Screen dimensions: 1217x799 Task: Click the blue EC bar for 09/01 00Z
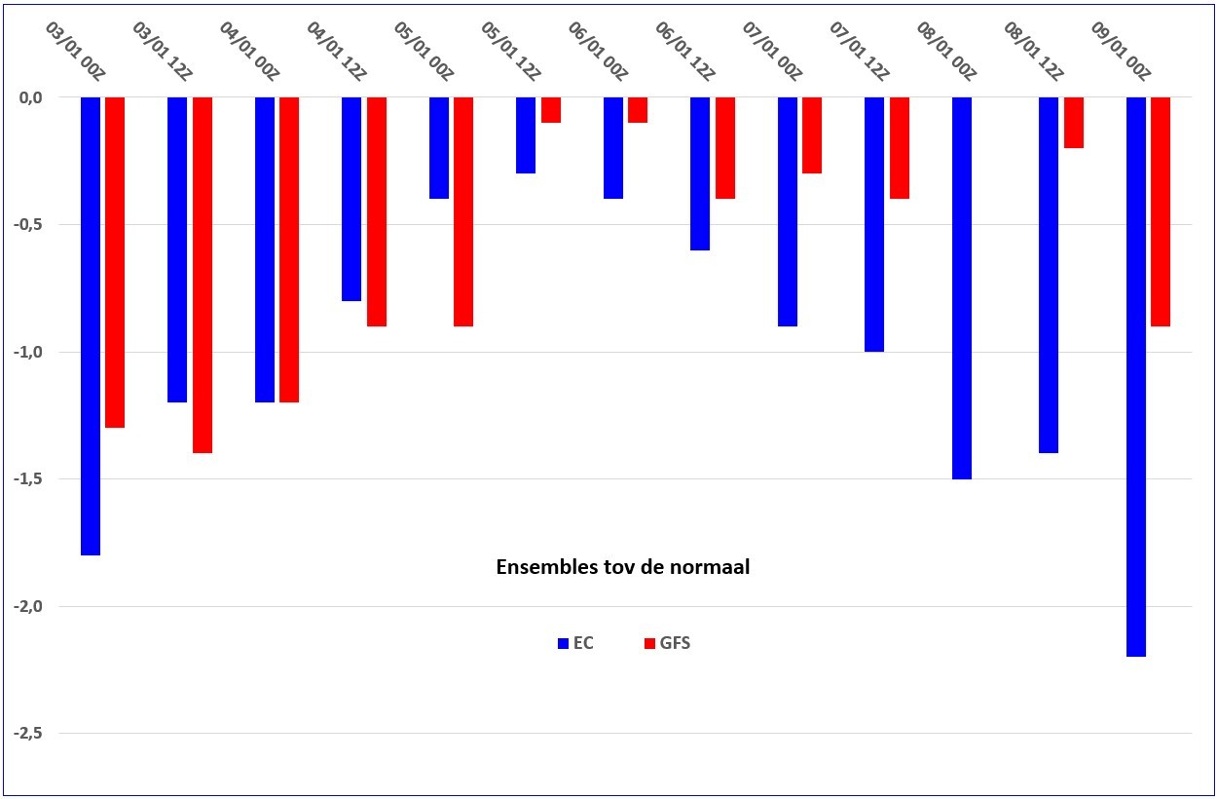(x=1136, y=377)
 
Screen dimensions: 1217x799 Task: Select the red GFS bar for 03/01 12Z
(x=203, y=275)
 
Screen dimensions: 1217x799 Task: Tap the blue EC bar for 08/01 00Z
(x=962, y=288)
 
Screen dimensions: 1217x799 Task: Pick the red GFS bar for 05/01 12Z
(x=551, y=110)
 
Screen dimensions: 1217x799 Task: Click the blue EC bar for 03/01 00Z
(x=91, y=326)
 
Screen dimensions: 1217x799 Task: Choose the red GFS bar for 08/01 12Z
(x=1074, y=123)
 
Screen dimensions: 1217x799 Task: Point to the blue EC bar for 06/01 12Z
(x=700, y=173)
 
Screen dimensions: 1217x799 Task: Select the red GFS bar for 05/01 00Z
(x=463, y=211)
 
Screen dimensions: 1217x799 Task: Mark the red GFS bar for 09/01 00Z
(x=1161, y=211)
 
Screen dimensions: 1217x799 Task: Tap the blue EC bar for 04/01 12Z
(x=351, y=199)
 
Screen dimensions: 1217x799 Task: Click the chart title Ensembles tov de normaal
(x=623, y=567)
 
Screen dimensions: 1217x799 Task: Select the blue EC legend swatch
(x=563, y=643)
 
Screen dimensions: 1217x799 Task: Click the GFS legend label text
(x=675, y=643)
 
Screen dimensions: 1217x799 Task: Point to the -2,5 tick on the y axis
(x=27, y=733)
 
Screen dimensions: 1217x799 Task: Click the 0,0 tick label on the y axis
(x=30, y=97)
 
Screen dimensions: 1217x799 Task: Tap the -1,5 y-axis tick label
(x=27, y=478)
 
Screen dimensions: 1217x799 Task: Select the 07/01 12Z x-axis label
(x=859, y=51)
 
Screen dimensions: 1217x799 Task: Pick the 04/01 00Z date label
(x=249, y=51)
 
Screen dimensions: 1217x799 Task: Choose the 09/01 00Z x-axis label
(x=1121, y=51)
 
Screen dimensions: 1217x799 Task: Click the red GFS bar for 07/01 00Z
(x=812, y=135)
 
